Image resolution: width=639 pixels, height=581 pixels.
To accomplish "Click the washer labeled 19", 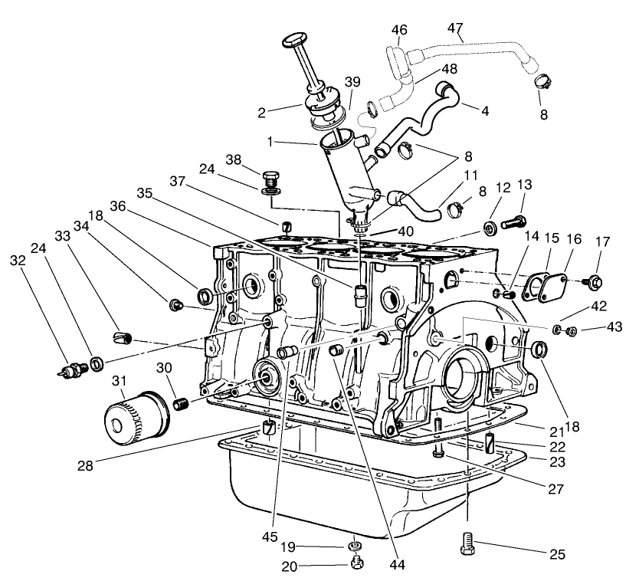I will click(x=355, y=547).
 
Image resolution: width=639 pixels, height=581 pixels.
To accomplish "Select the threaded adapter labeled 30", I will click(x=182, y=403).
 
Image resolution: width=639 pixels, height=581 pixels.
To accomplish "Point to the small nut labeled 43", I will click(x=570, y=330).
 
